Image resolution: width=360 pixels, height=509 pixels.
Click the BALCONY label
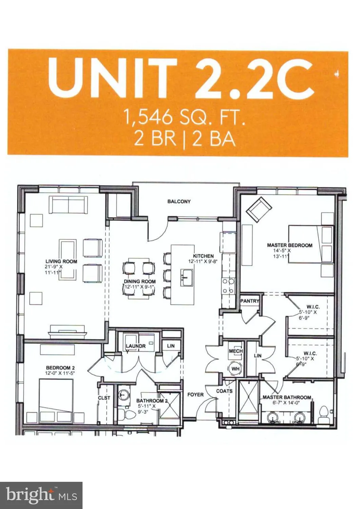179,202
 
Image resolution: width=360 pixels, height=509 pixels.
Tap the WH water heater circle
235,369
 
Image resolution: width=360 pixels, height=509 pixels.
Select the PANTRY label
249,301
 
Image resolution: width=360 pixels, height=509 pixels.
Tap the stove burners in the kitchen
228,286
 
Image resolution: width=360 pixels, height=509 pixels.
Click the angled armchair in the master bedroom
259,208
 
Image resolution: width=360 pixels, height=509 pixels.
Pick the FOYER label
195,395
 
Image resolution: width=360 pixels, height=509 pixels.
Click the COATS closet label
224,391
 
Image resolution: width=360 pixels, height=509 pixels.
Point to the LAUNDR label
135,346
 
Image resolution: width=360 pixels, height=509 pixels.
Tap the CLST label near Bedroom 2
104,398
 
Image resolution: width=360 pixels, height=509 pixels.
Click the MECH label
235,351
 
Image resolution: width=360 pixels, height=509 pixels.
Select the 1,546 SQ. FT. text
184,118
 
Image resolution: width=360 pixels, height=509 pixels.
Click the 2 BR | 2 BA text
184,139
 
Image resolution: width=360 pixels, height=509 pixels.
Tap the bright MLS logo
41,495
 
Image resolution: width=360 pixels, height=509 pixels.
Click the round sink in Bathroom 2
123,395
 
